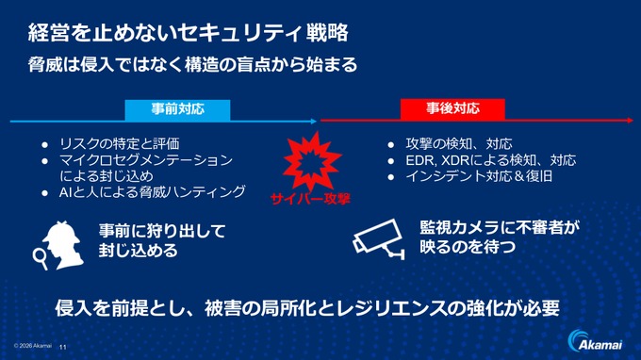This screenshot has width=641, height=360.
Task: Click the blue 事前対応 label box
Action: pyautogui.click(x=177, y=108)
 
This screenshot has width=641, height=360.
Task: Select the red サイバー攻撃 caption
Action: pyautogui.click(x=310, y=199)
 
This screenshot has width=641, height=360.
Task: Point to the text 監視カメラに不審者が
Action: pyautogui.click(x=498, y=228)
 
